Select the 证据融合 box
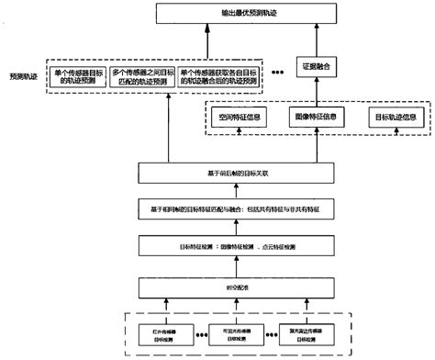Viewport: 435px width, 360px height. coord(313,66)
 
